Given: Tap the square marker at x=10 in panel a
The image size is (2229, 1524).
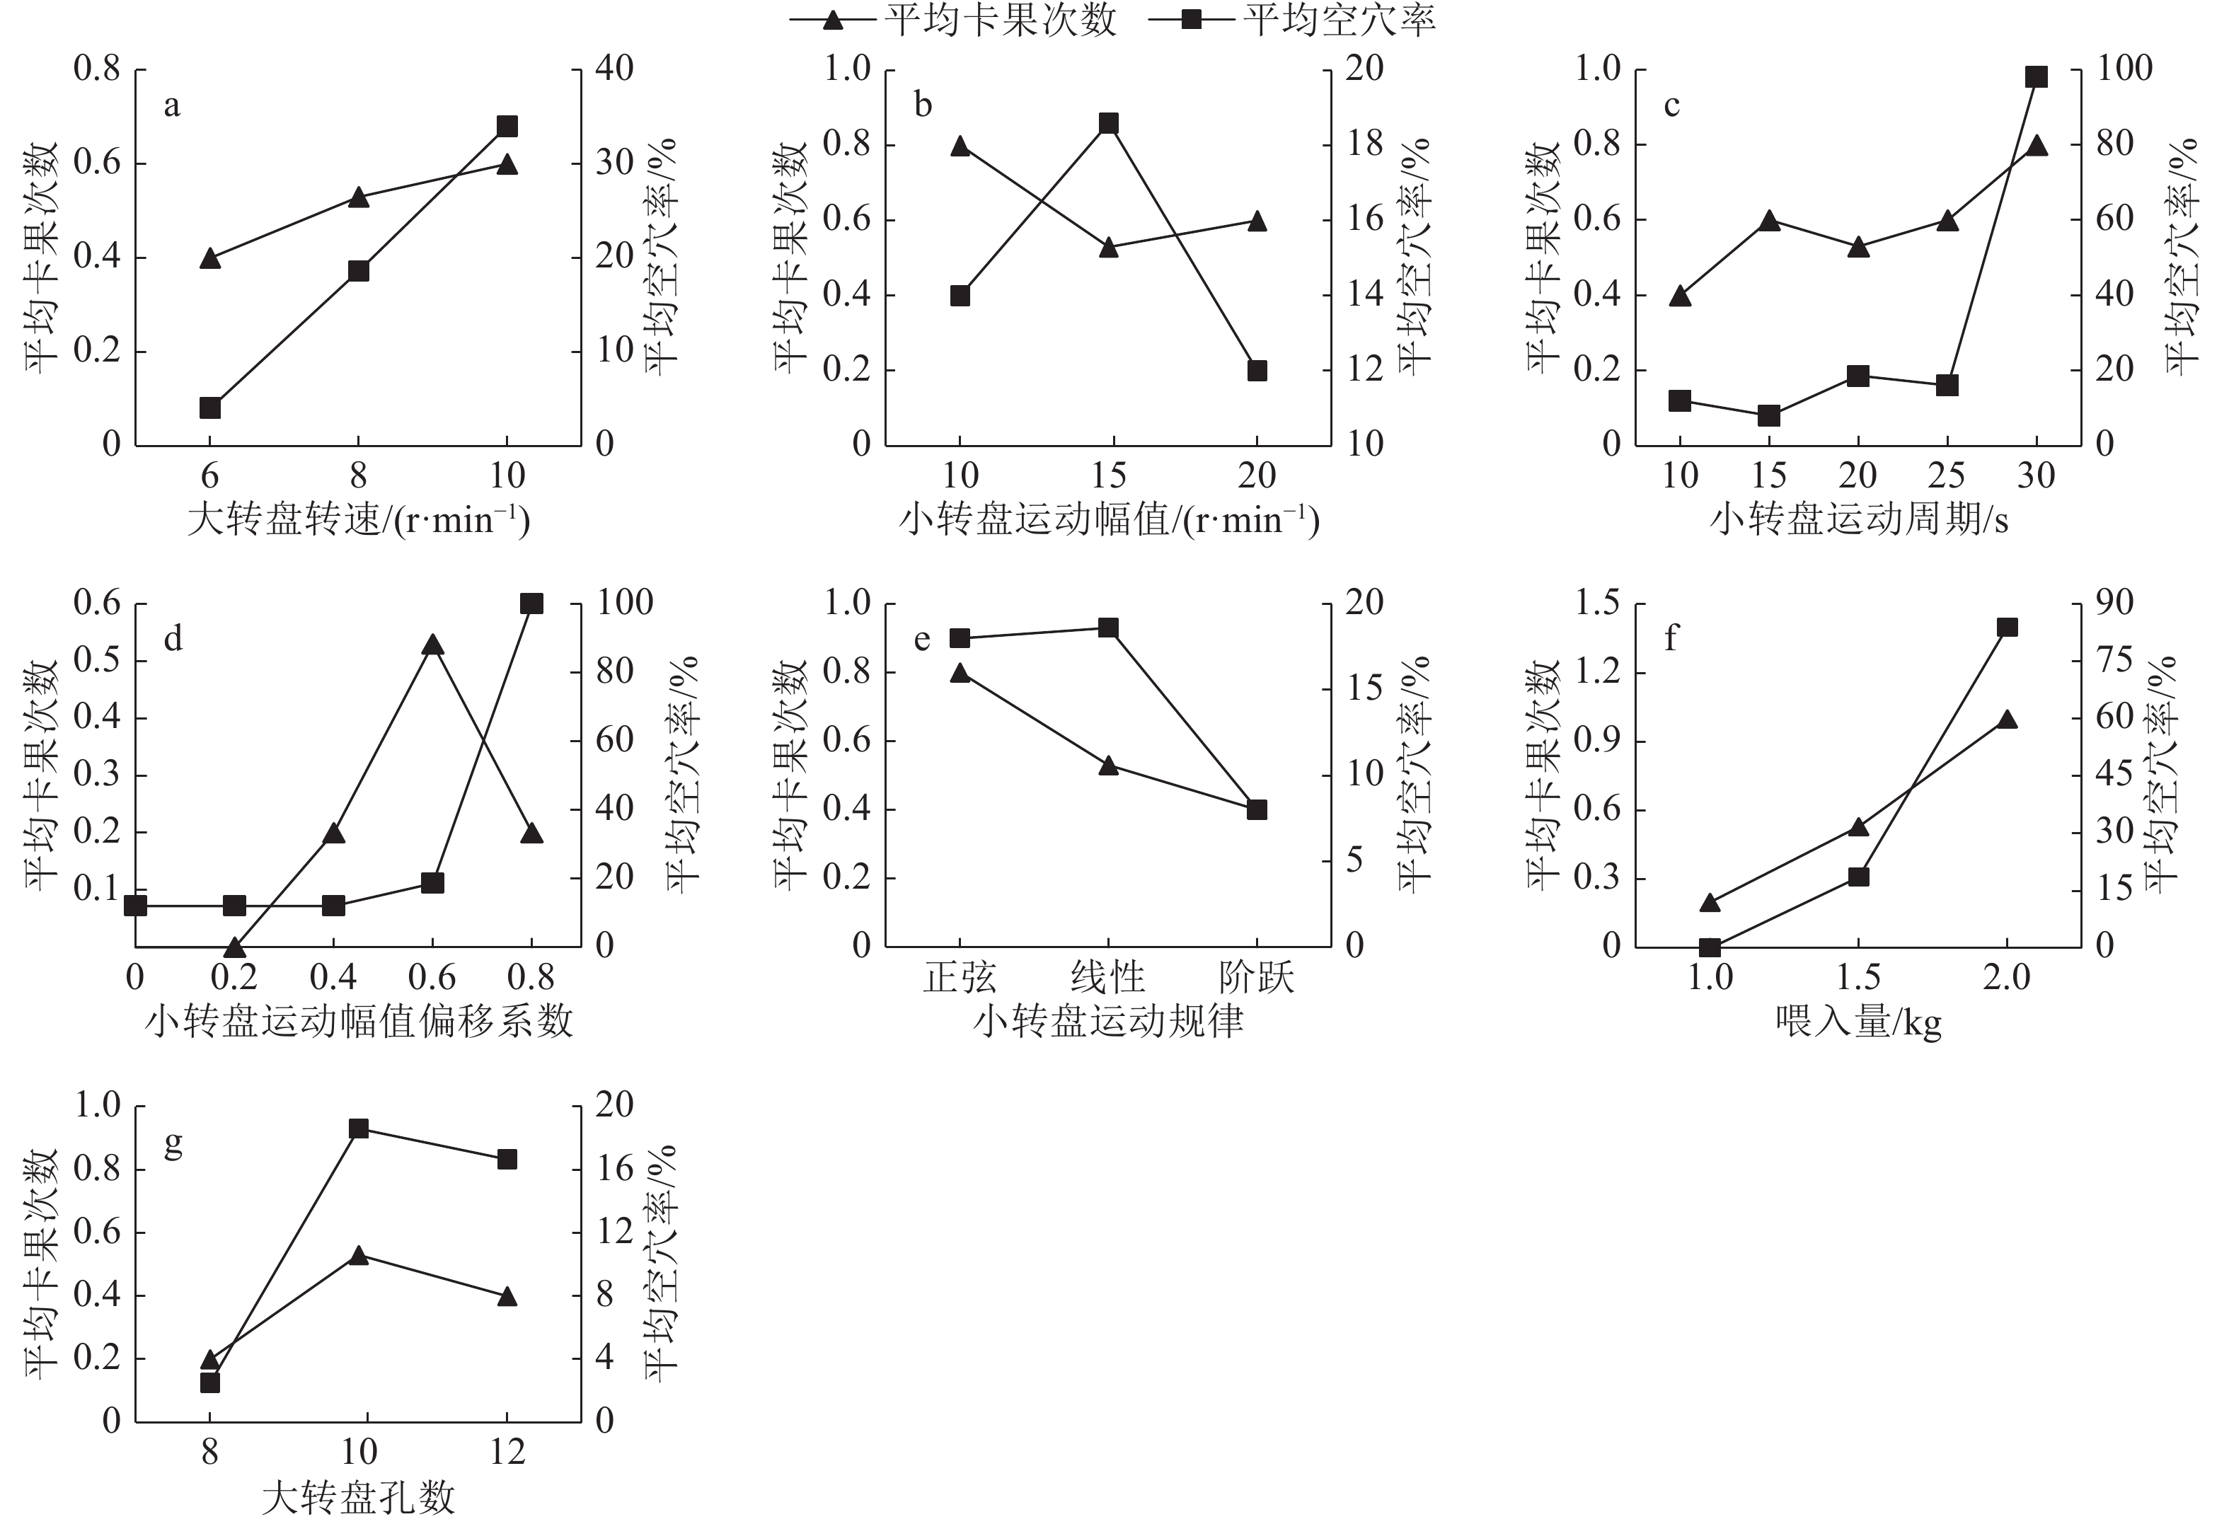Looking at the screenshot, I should pyautogui.click(x=507, y=127).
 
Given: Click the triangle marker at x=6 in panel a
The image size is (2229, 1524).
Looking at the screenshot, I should pyautogui.click(x=210, y=258).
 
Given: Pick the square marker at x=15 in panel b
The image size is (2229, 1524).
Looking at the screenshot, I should pyautogui.click(x=1109, y=124).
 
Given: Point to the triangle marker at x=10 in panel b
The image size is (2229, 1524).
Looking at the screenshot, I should pyautogui.click(x=960, y=146).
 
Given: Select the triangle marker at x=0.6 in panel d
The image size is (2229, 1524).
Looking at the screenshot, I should pyautogui.click(x=432, y=645).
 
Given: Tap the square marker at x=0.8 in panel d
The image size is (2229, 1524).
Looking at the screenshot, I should pyautogui.click(x=531, y=604).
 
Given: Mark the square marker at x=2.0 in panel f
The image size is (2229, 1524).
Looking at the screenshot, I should pyautogui.click(x=2007, y=628).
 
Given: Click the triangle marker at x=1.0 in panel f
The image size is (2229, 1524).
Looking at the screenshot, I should pyautogui.click(x=1709, y=903).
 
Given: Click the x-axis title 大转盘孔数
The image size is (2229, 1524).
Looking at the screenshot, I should pyautogui.click(x=358, y=1497).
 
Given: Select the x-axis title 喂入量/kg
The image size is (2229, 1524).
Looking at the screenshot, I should pyautogui.click(x=1857, y=1022).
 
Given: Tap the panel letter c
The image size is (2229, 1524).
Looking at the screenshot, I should pyautogui.click(x=1671, y=105).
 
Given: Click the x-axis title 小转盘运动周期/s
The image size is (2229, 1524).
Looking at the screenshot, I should pyautogui.click(x=1857, y=520).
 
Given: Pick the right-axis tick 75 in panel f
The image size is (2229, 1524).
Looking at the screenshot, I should pyautogui.click(x=2102, y=660).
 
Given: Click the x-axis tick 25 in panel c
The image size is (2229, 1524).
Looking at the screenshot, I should pyautogui.click(x=1947, y=475).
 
